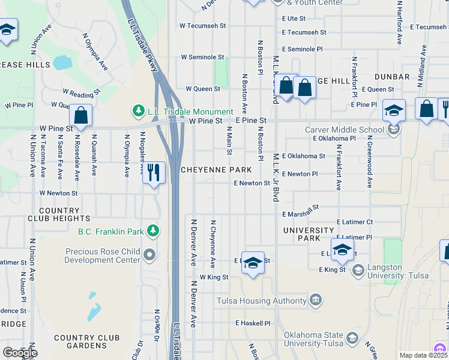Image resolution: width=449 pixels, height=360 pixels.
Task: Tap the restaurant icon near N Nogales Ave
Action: pos(154,173)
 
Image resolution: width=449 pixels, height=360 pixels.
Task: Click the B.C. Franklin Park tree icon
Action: pos(154,231)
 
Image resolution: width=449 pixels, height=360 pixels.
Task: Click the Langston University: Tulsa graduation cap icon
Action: pos(358,271)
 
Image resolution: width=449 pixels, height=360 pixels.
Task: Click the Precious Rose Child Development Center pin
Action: pos(150,256)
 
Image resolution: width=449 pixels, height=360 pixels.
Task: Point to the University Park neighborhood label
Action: pos(309,234)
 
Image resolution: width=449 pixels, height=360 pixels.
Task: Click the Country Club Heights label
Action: pos(64,215)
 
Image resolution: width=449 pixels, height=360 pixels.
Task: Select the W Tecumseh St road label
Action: pos(202,26)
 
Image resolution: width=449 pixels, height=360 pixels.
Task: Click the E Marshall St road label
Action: pos(300,212)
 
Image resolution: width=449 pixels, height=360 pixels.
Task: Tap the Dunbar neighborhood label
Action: pos(392,77)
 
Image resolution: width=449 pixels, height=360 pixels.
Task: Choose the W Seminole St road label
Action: pos(203,57)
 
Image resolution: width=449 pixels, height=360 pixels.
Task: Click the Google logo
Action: pos(19,352)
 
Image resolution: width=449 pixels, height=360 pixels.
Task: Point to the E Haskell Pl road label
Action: pos(253,323)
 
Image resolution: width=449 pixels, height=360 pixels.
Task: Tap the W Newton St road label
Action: pos(58,193)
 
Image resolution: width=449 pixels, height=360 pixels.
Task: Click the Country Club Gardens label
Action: pos(80,341)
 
